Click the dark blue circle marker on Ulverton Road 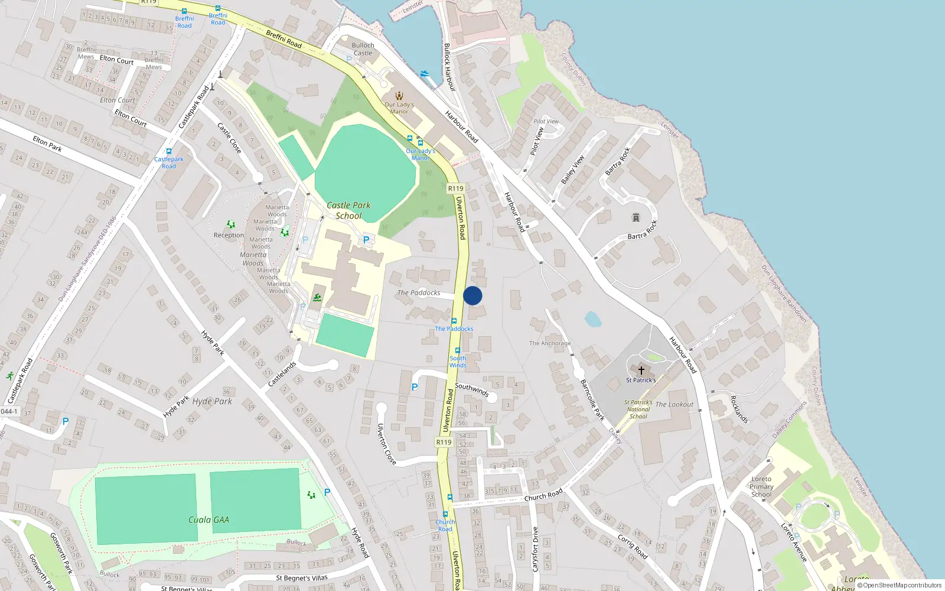(x=472, y=295)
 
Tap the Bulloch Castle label (x=363, y=49)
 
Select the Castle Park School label (x=348, y=210)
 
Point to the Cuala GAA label (x=208, y=520)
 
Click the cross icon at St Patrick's (x=641, y=371)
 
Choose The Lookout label (x=674, y=405)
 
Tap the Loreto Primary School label (x=761, y=487)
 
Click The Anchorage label (x=550, y=343)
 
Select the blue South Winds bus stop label (x=458, y=362)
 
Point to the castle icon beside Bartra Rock (x=636, y=217)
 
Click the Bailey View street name (x=572, y=169)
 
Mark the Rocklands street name (x=739, y=409)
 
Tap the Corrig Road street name (x=633, y=546)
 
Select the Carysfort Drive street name (x=536, y=549)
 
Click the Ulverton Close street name (x=386, y=444)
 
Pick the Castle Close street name (x=229, y=138)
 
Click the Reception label (x=229, y=235)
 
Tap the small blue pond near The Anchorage (x=593, y=320)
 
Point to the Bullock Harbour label (x=449, y=67)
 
